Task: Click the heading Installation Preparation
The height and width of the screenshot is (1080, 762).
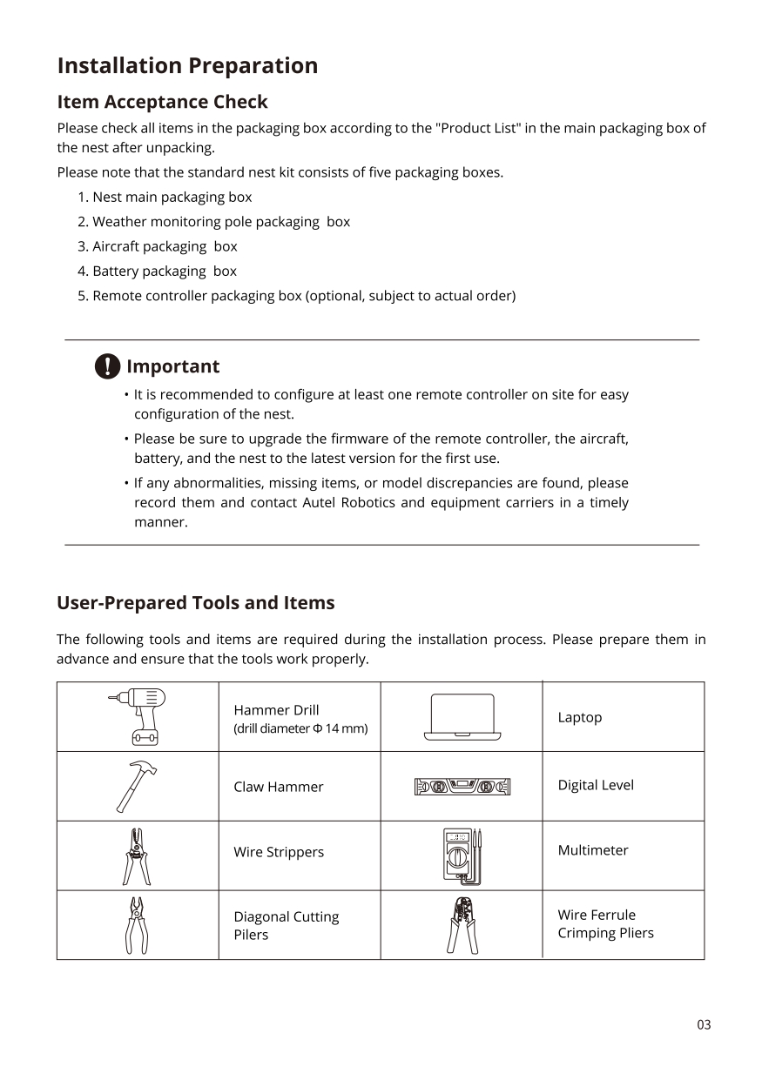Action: pyautogui.click(x=187, y=66)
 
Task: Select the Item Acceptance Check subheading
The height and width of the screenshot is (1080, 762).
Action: pyautogui.click(x=162, y=102)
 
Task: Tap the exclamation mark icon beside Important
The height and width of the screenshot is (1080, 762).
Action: pyautogui.click(x=106, y=366)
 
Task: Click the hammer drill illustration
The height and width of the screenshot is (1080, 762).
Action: pyautogui.click(x=138, y=716)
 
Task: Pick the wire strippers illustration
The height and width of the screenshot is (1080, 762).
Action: pyautogui.click(x=136, y=855)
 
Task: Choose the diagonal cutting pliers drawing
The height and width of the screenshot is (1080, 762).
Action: pyautogui.click(x=137, y=925)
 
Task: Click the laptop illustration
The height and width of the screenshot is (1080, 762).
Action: pyautogui.click(x=462, y=717)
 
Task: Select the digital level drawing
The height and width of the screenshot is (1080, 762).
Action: pyautogui.click(x=462, y=787)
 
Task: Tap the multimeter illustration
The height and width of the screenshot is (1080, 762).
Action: pyautogui.click(x=462, y=855)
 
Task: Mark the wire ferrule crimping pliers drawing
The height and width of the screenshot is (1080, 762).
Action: pyautogui.click(x=462, y=925)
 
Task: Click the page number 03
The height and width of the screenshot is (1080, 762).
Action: pyautogui.click(x=704, y=1025)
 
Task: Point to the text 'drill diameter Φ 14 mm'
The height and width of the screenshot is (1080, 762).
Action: pyautogui.click(x=300, y=728)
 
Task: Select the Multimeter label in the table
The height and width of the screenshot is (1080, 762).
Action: pyautogui.click(x=593, y=850)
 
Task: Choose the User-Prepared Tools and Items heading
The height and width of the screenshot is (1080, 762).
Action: pyautogui.click(x=195, y=603)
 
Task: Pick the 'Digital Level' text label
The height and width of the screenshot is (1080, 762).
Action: pyautogui.click(x=596, y=785)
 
